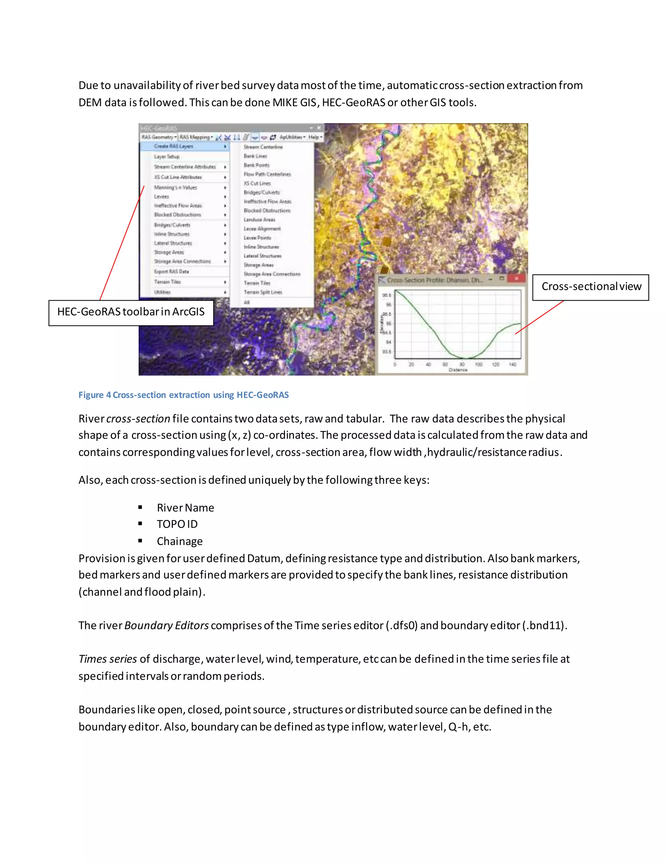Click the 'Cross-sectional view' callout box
pos(591,287)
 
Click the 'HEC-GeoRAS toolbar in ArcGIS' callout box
pos(131,312)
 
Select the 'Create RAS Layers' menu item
pos(174,146)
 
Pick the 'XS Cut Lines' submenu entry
pos(257,183)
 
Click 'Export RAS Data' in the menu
pos(171,272)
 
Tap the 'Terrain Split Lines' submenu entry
pos(263,292)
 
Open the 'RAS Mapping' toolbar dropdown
pos(196,137)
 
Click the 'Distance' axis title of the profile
pos(458,370)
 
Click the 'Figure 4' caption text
pos(183,395)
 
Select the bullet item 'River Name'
pos(185,508)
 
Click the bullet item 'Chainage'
pos(180,542)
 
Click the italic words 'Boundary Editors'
pos(166,626)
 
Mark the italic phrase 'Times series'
pos(107,659)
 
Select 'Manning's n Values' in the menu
pos(175,187)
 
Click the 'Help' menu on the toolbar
pos(315,137)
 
